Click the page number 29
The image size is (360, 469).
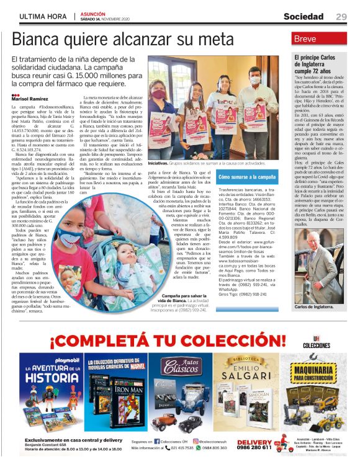click(x=341, y=16)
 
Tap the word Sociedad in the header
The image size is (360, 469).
click(x=307, y=16)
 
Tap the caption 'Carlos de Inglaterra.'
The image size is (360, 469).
click(x=314, y=306)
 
